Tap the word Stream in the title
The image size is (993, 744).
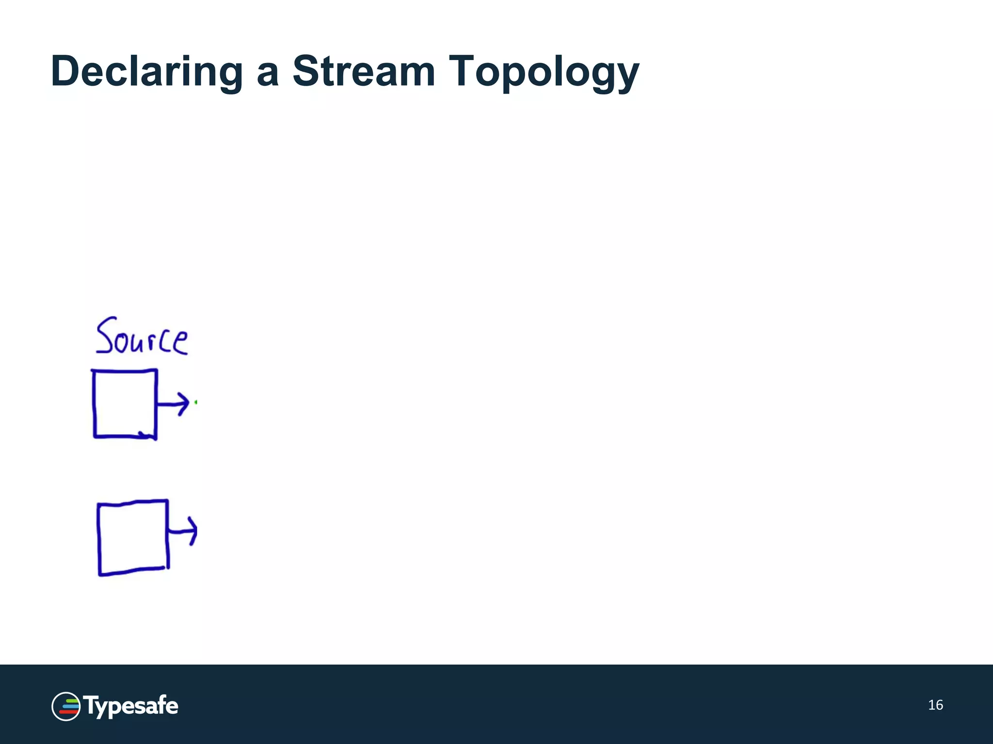(364, 72)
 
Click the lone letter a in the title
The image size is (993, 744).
(268, 75)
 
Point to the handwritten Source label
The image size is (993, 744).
(141, 337)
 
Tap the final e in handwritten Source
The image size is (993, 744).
(180, 343)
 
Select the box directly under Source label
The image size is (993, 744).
(125, 404)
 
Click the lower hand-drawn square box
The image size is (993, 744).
(133, 538)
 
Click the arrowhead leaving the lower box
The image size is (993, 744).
(192, 531)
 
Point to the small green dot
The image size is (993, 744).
(195, 402)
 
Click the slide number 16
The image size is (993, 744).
(935, 705)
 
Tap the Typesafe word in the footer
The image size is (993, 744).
(131, 706)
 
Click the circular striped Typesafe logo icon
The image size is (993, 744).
(66, 706)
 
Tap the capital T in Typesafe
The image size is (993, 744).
(91, 704)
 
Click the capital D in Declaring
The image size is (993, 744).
(67, 72)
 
